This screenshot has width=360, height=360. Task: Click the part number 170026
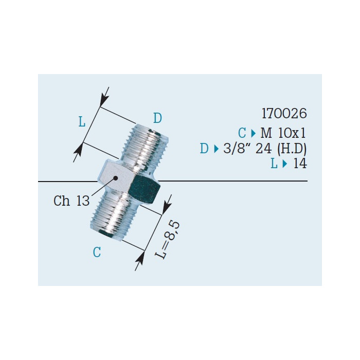(x=284, y=114)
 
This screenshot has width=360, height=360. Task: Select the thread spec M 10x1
(x=283, y=133)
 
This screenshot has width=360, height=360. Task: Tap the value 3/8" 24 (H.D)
(x=265, y=149)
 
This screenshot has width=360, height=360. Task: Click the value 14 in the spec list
(x=300, y=164)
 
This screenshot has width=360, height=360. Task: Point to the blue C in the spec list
(x=242, y=133)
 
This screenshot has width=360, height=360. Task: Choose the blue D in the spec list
(x=204, y=149)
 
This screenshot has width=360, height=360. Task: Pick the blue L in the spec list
(x=274, y=164)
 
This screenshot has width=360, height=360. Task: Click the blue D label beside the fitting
(x=157, y=118)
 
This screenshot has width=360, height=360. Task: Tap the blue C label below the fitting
(x=97, y=252)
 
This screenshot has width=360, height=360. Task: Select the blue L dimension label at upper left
(x=82, y=122)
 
